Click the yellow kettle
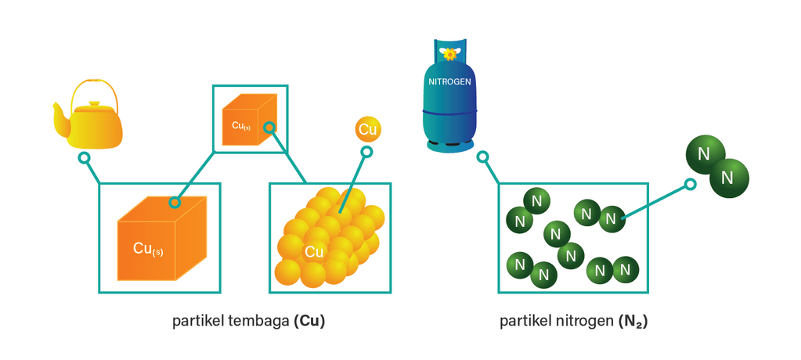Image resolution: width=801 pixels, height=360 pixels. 94,125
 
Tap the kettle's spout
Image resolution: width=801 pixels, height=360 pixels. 60,110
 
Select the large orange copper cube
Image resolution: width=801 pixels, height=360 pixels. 161,239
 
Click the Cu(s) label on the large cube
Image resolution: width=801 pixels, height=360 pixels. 148,250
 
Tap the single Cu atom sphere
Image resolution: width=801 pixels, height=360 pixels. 368,129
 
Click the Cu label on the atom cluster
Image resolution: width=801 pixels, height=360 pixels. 314,251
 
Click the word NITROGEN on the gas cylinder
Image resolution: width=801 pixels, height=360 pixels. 449,81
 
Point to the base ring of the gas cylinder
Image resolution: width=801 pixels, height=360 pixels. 449,144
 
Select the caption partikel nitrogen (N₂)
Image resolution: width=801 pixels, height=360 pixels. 574,322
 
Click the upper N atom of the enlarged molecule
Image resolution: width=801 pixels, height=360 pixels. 703,153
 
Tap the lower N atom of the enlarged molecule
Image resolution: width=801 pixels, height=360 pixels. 728,177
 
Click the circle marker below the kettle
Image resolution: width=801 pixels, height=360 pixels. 84,158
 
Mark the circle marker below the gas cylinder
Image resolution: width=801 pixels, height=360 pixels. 483,157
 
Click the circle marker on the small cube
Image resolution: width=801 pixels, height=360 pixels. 269,127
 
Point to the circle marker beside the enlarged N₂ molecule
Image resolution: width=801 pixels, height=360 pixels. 690,185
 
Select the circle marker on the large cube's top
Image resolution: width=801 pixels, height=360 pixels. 175,203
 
